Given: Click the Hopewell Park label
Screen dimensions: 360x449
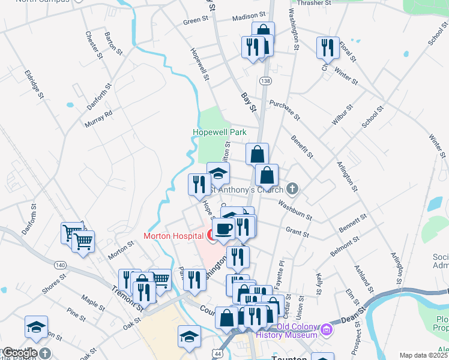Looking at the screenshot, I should [x=219, y=132].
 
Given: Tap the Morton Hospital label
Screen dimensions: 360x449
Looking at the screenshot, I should [x=173, y=236].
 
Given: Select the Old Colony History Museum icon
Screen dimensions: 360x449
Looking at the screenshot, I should [x=327, y=329].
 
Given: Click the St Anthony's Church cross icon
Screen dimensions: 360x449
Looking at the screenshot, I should [x=292, y=190].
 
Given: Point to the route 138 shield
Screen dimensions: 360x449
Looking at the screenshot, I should [x=265, y=80].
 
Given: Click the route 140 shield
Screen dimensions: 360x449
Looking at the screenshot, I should [x=60, y=265].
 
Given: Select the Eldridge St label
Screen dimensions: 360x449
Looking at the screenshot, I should [x=34, y=83].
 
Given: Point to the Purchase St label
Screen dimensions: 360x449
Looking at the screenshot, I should [x=284, y=109].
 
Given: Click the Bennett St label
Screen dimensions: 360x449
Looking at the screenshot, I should [x=353, y=223].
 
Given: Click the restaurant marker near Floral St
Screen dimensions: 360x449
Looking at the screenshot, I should [x=327, y=47].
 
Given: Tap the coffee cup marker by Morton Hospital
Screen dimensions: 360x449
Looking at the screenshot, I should [x=224, y=229].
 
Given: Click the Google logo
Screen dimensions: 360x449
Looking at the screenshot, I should [x=20, y=353].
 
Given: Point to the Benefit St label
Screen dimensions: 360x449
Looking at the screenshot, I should [x=302, y=146].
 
